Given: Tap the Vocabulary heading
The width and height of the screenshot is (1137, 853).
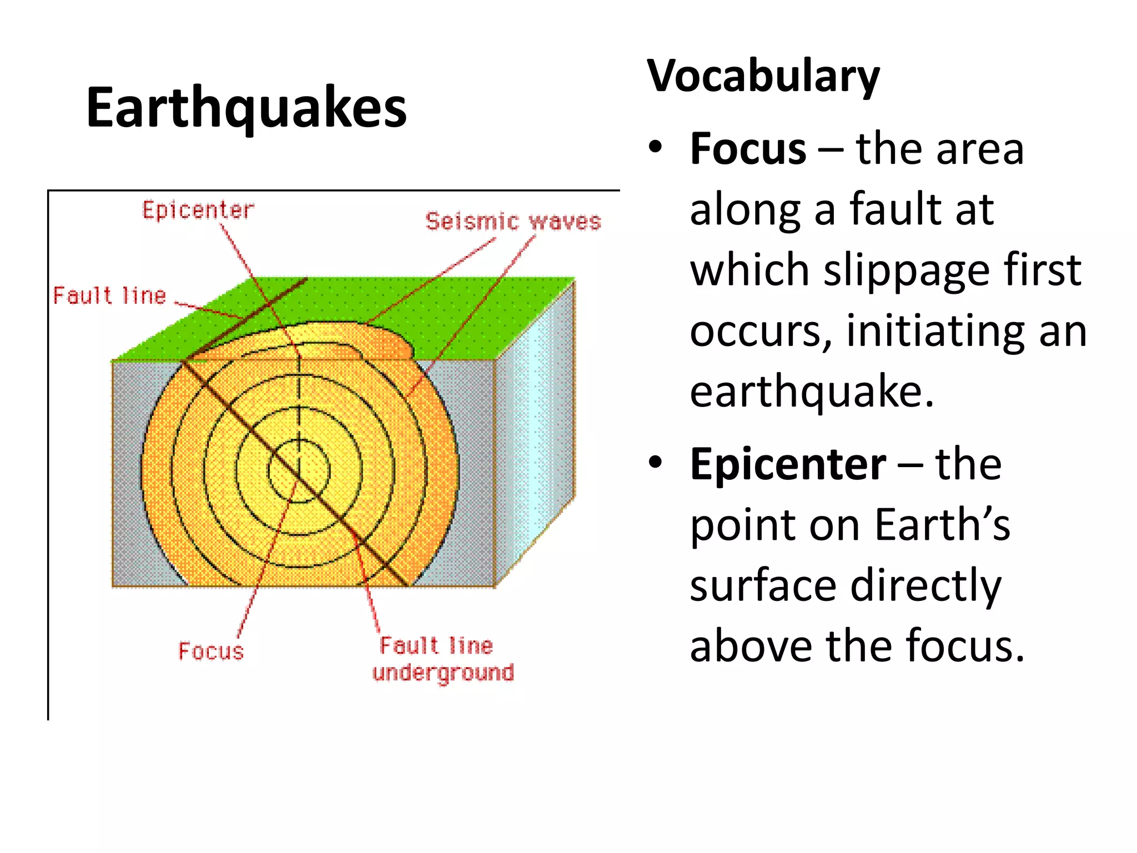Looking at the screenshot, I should (x=763, y=76).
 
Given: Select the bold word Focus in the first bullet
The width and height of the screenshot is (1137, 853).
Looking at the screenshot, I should (x=748, y=149).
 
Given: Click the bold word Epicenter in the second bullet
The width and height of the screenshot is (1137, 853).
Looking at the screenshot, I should (x=788, y=464).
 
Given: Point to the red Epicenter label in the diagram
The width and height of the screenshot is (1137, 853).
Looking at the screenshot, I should (x=198, y=210).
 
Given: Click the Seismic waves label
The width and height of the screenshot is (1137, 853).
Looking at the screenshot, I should (x=513, y=222).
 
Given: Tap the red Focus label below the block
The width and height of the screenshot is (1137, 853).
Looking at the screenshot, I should (x=211, y=651).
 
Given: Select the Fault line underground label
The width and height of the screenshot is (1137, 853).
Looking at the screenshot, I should (x=443, y=659).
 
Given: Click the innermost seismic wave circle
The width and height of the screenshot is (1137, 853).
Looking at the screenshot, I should (x=299, y=471).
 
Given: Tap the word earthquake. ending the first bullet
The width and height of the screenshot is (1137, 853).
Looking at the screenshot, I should (x=812, y=392).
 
